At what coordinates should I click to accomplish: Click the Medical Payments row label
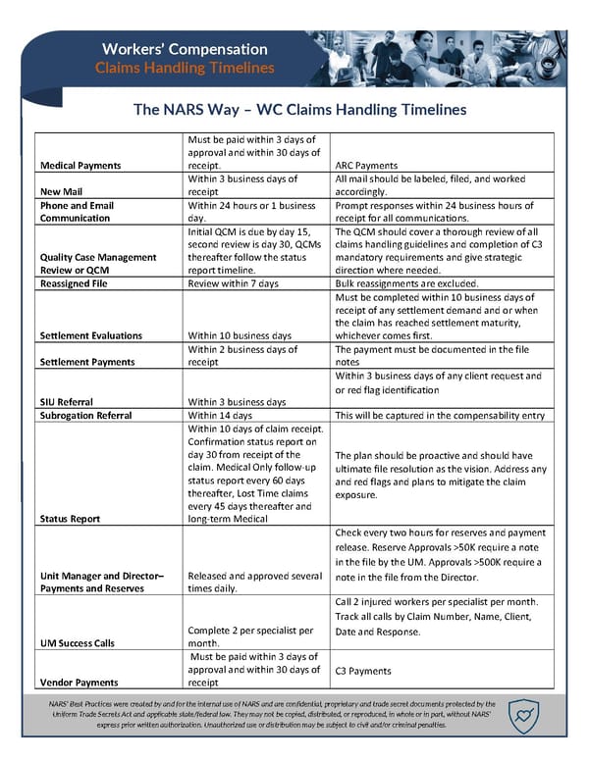[80, 165]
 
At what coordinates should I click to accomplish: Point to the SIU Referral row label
[67, 401]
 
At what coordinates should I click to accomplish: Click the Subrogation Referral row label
[85, 415]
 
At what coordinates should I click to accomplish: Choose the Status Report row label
[70, 519]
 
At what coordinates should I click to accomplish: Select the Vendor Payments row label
[79, 682]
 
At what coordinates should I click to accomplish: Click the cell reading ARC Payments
[366, 165]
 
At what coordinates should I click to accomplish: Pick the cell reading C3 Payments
[363, 671]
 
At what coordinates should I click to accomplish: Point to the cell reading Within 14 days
[222, 415]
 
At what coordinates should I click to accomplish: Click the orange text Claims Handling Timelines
[185, 68]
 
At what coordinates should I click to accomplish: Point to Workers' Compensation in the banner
[185, 48]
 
